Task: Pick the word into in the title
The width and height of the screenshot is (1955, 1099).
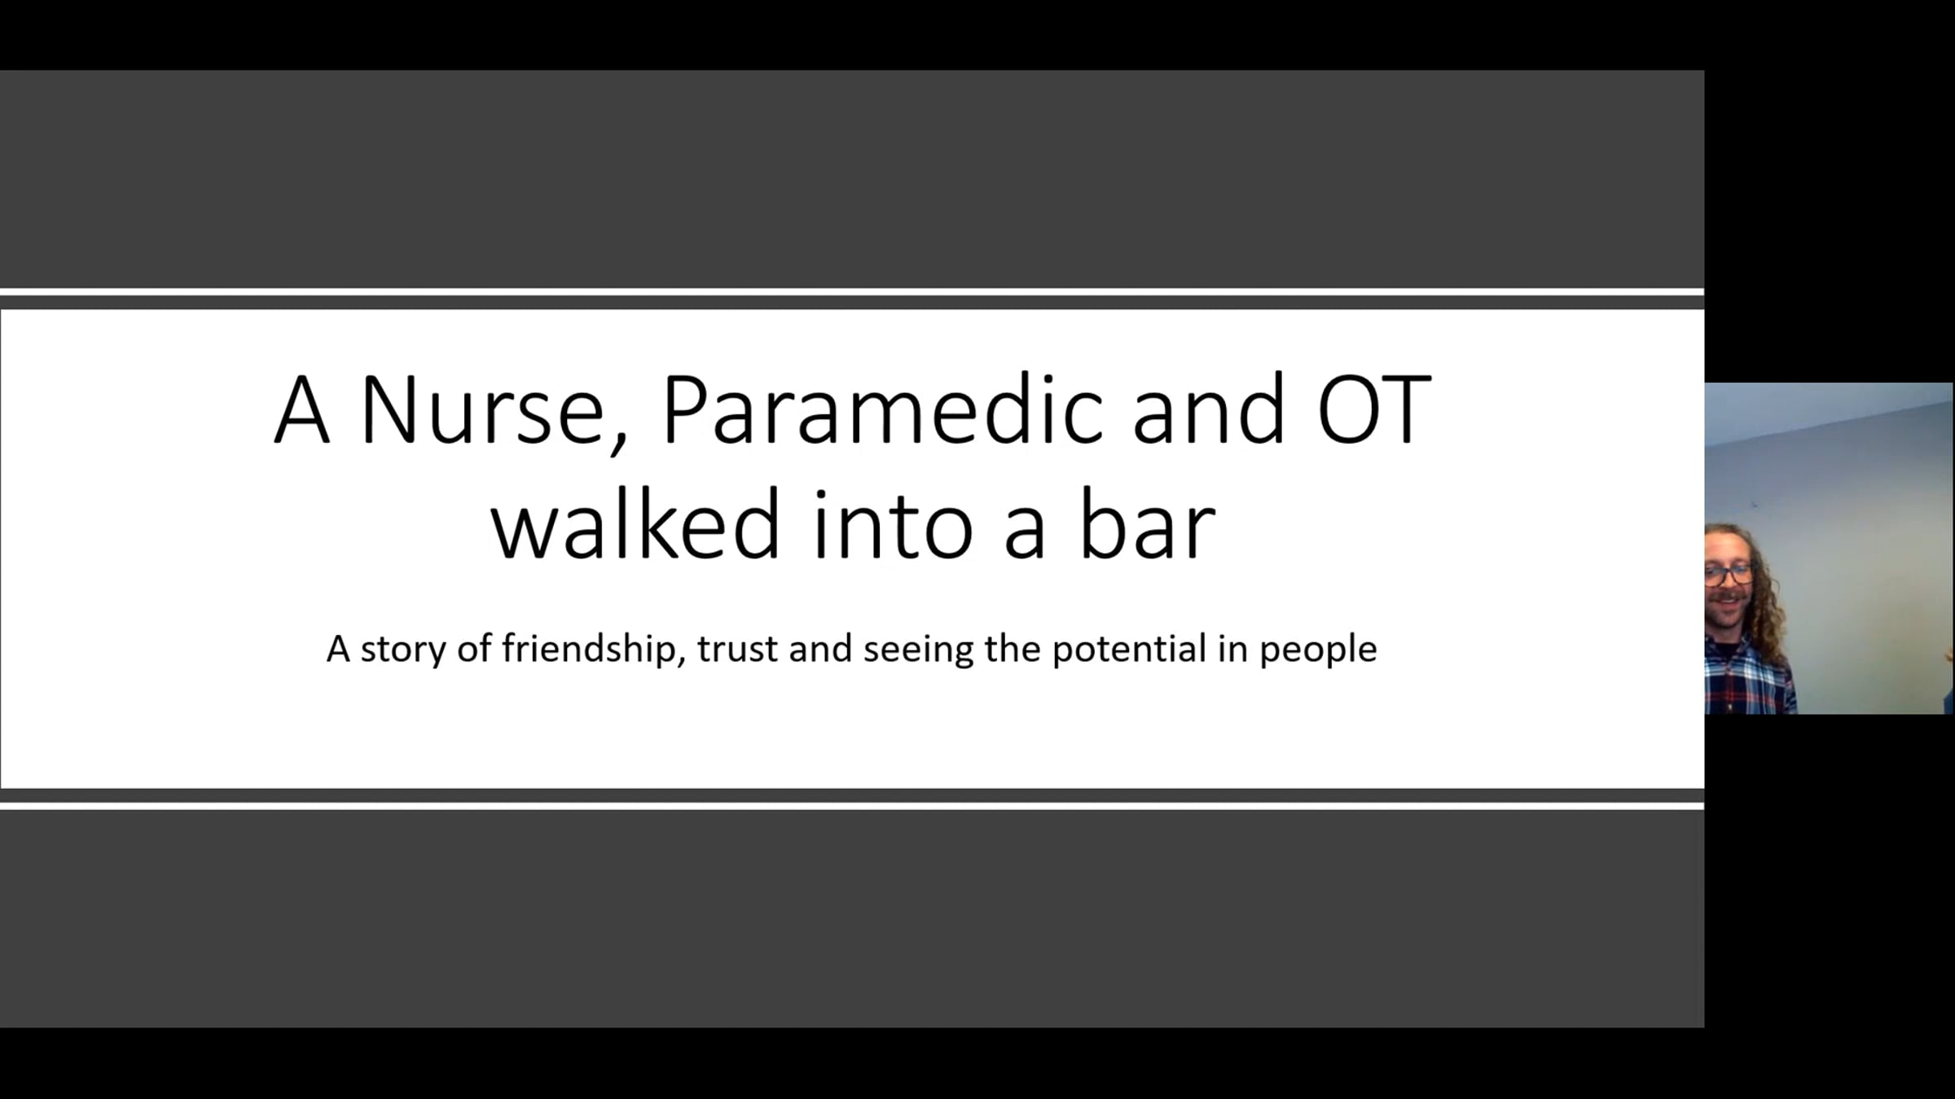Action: coord(893,525)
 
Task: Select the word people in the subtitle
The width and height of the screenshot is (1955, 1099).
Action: coord(1318,650)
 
